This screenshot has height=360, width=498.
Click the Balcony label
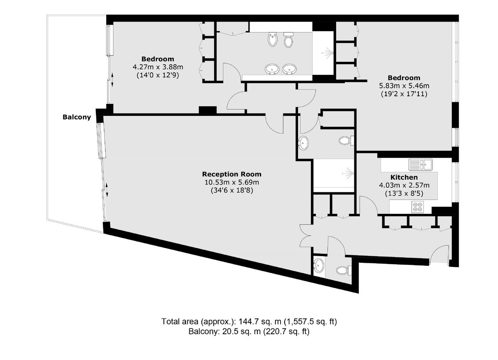[76, 117]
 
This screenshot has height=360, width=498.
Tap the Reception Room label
[232, 174]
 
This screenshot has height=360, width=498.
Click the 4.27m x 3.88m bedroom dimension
[157, 67]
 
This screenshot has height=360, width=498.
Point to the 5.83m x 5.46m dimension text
[404, 86]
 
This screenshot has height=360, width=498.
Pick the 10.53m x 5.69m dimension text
[232, 182]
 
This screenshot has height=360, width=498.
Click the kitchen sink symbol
[420, 165]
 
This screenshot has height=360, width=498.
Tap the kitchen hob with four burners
[417, 206]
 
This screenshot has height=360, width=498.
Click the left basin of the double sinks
[272, 69]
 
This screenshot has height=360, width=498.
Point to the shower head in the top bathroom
[328, 53]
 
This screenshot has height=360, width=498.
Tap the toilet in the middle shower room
[345, 141]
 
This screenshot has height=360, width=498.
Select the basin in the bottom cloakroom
[319, 264]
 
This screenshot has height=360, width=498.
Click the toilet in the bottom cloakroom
[343, 270]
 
